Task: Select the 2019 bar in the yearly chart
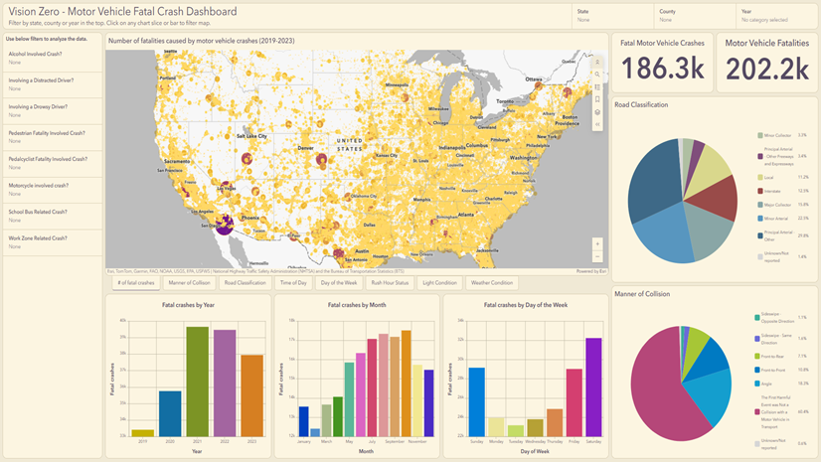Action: click(x=143, y=432)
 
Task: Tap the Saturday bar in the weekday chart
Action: click(x=594, y=386)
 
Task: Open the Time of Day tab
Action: click(x=293, y=283)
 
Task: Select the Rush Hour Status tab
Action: click(x=389, y=283)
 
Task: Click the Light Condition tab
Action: click(x=439, y=283)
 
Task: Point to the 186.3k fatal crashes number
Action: click(x=663, y=68)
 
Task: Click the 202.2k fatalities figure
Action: click(x=766, y=68)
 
